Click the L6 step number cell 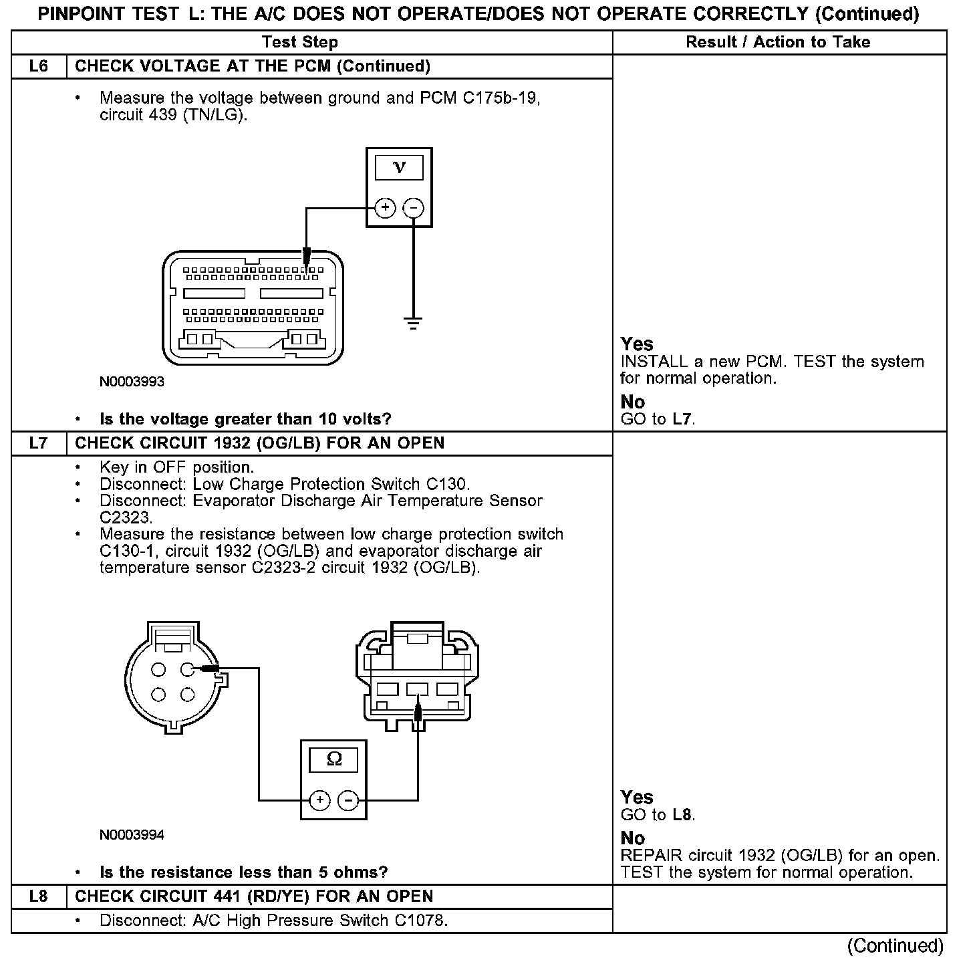pyautogui.click(x=39, y=66)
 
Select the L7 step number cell pyautogui.click(x=39, y=443)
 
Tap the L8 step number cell pyautogui.click(x=39, y=896)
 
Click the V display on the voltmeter pyautogui.click(x=399, y=168)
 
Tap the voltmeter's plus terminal pyautogui.click(x=385, y=208)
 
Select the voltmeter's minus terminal pyautogui.click(x=414, y=208)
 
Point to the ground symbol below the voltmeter pyautogui.click(x=414, y=324)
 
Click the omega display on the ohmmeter pyautogui.click(x=333, y=760)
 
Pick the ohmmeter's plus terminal pyautogui.click(x=320, y=800)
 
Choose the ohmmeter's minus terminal pyautogui.click(x=347, y=800)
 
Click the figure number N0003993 pyautogui.click(x=132, y=382)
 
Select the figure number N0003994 pyautogui.click(x=132, y=836)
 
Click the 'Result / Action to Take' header pyautogui.click(x=778, y=42)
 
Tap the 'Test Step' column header pyautogui.click(x=300, y=42)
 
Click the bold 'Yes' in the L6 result pyautogui.click(x=636, y=344)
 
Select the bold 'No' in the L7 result pyautogui.click(x=632, y=838)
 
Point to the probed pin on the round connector pyautogui.click(x=187, y=669)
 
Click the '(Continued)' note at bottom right pyautogui.click(x=895, y=946)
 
